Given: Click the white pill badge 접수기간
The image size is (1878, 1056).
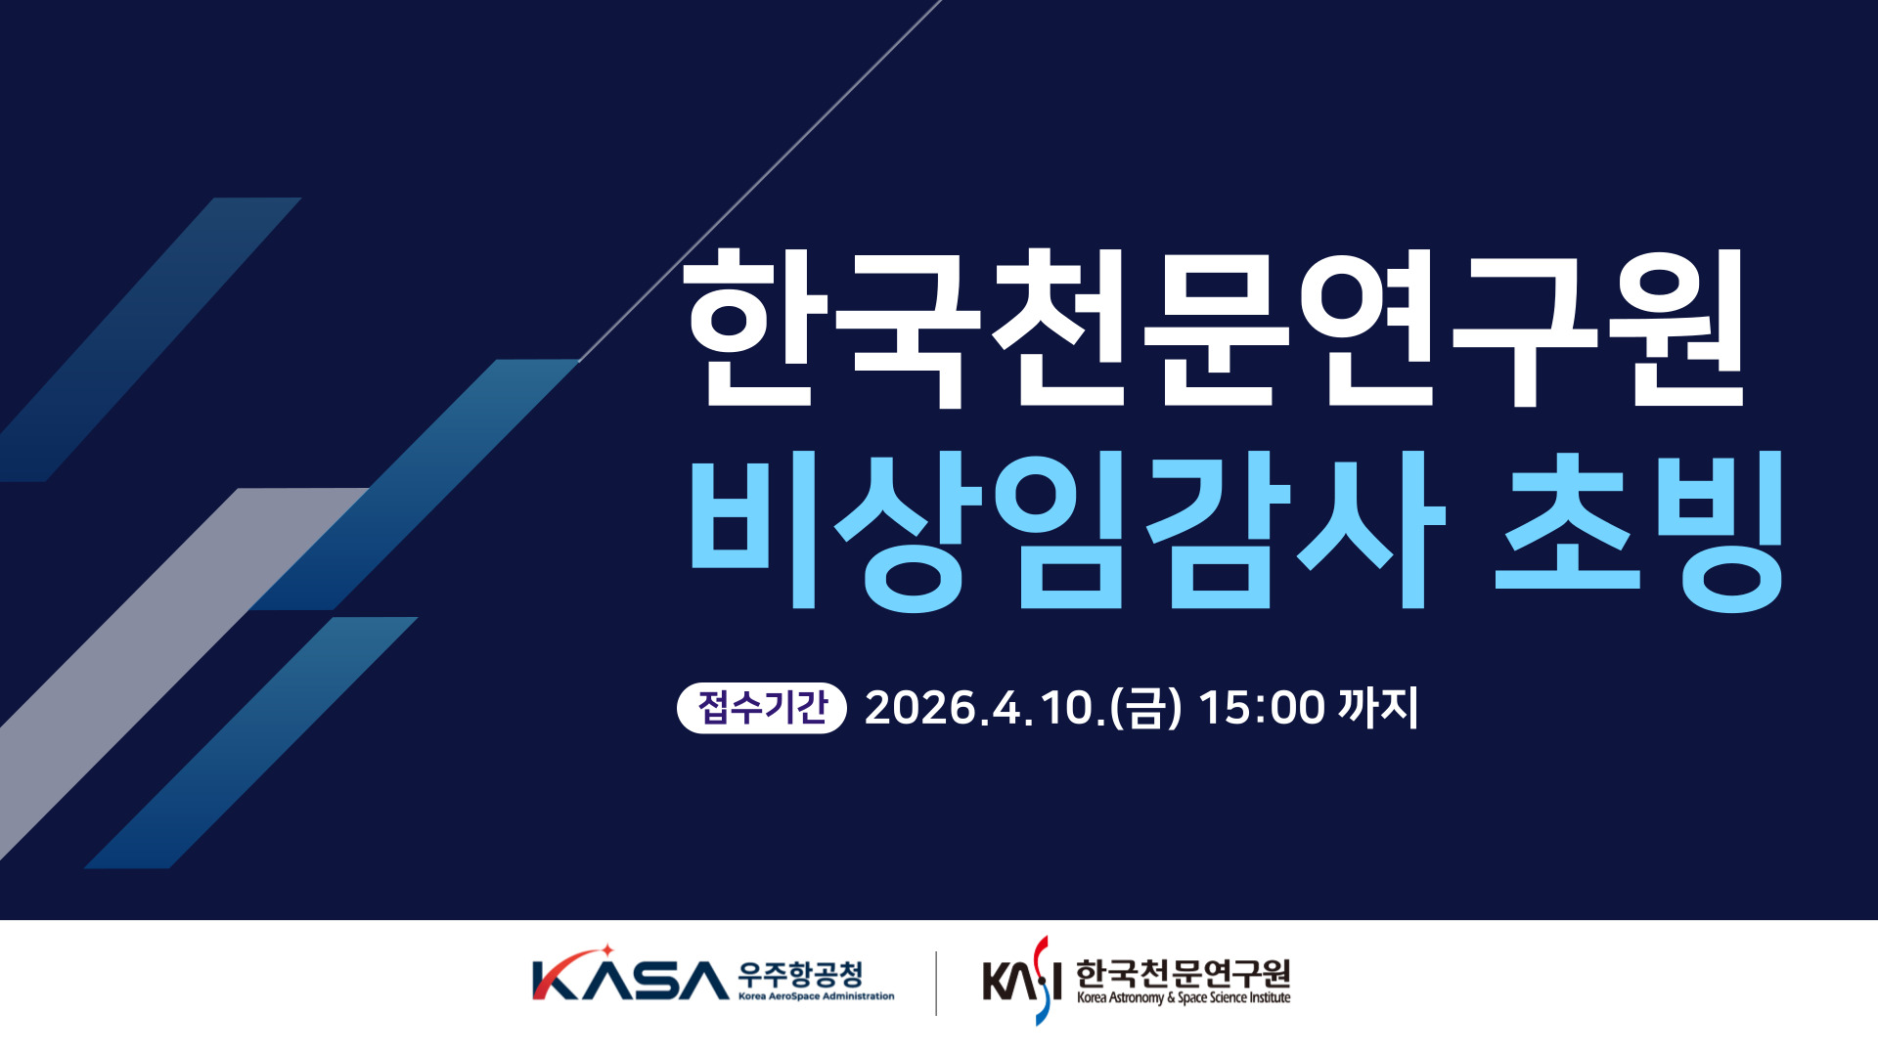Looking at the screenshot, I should coord(761,707).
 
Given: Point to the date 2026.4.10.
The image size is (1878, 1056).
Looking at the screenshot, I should coord(984,708).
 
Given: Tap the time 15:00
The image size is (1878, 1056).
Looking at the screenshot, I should coord(1261,708).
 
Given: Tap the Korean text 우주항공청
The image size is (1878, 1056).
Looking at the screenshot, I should coord(801,974).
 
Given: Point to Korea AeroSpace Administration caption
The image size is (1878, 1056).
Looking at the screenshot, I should coord(816,996).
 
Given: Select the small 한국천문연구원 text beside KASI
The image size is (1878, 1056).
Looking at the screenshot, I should coord(1183,974).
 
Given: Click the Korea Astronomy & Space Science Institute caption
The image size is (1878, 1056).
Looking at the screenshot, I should coord(1184,998).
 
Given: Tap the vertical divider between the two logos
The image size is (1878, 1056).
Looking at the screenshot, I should coord(936,983).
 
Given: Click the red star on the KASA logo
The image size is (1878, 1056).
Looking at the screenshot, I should coord(606,950).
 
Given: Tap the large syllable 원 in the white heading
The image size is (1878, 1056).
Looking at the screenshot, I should coord(1677,329).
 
